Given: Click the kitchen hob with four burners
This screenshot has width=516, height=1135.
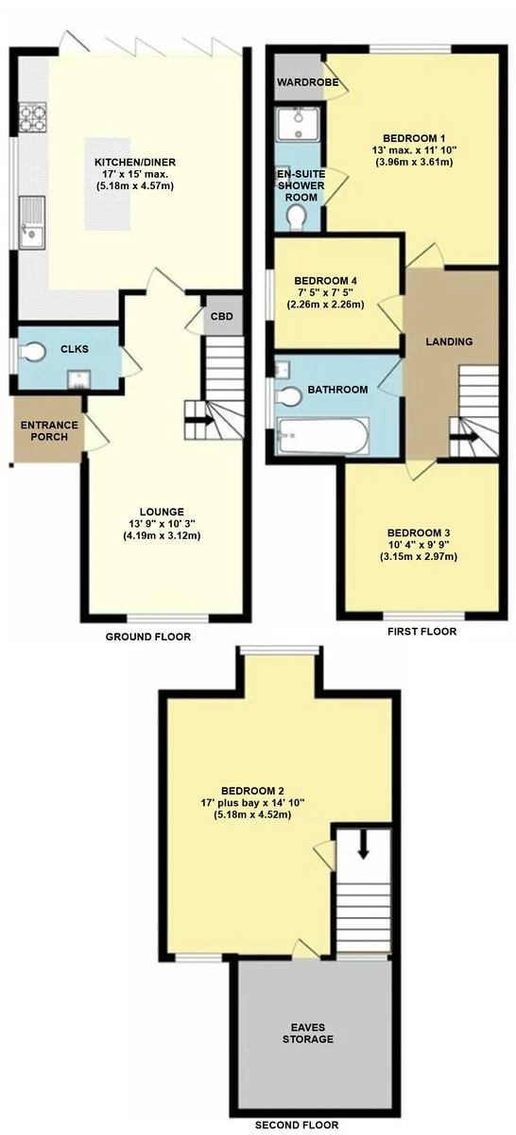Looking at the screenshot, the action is [x=32, y=117].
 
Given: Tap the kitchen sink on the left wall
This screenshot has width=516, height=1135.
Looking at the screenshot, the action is [x=32, y=223].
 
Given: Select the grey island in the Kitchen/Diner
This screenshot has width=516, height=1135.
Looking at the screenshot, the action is [x=108, y=183].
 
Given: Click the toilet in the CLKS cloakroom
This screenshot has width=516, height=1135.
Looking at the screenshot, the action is [x=32, y=352].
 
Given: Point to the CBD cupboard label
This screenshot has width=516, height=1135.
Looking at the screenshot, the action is [x=222, y=317].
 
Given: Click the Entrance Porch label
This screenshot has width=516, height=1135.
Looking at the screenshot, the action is [x=49, y=430].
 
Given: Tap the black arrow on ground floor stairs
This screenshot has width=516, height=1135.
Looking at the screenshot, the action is [x=199, y=420].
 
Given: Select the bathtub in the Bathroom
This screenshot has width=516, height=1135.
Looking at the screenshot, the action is [x=322, y=436].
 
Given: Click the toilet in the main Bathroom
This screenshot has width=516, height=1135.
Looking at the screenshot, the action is [x=288, y=396].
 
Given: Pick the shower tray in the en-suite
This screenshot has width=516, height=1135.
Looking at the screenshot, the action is [x=299, y=124].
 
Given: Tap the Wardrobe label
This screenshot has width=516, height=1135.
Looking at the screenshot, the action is [x=307, y=82].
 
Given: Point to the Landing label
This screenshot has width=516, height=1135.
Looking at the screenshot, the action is [x=449, y=341].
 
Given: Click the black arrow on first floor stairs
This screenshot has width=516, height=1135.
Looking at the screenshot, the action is [x=464, y=437].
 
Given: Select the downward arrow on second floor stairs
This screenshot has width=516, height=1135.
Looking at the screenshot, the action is [x=363, y=846].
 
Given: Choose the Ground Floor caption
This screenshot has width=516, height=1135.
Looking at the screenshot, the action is [x=147, y=637].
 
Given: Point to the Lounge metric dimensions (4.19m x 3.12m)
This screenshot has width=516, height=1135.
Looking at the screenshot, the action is [x=162, y=535].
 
